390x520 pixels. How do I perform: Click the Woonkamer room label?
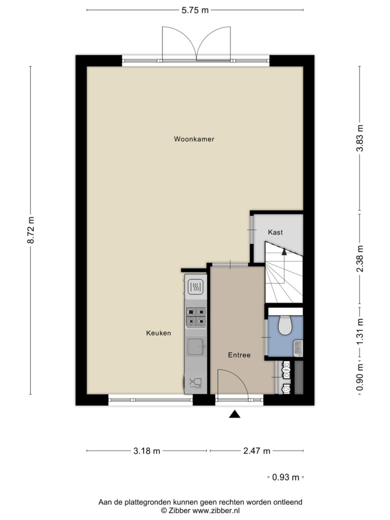point(194,139)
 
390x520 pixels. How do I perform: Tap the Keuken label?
point(158,333)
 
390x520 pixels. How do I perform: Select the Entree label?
point(239,355)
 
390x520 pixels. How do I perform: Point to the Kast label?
point(275,232)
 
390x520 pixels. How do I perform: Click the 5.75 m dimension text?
point(195,10)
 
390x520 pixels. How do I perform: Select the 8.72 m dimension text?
point(30,230)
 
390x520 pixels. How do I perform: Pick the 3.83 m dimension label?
point(360,138)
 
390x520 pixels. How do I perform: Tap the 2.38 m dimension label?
point(360,258)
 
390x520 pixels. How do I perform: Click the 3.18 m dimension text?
point(147,451)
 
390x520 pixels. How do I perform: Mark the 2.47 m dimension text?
point(256,451)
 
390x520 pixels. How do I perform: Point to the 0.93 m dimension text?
point(285,477)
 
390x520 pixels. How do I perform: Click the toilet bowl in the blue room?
point(284,324)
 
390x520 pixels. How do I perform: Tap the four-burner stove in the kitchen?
point(196,317)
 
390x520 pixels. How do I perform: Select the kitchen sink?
point(196,346)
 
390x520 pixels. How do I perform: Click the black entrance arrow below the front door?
point(235,414)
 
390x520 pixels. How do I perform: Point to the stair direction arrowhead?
point(284,251)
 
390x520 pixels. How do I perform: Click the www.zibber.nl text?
point(216,511)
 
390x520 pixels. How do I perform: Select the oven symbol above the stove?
point(196,287)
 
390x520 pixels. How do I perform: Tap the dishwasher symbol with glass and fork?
point(196,383)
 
